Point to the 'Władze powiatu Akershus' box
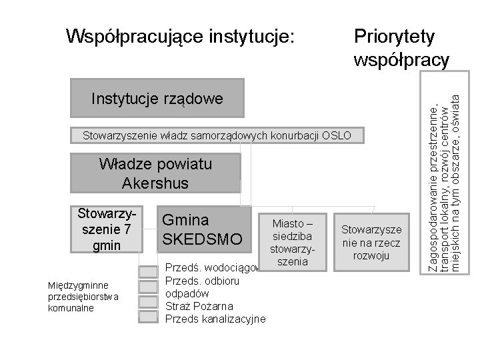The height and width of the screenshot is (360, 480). pyautogui.click(x=155, y=173)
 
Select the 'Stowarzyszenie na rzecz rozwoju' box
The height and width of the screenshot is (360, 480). pyautogui.click(x=371, y=242)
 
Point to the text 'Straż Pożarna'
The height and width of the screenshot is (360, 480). pyautogui.click(x=199, y=306)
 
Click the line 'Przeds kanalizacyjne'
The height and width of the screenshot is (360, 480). pyautogui.click(x=215, y=319)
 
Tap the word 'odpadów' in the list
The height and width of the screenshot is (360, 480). pyautogui.click(x=187, y=293)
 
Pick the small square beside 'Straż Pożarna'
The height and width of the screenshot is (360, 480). pyautogui.click(x=147, y=301)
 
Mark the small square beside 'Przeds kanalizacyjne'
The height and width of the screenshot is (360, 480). pyautogui.click(x=147, y=315)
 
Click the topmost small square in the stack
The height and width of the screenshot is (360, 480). pyautogui.click(x=147, y=272)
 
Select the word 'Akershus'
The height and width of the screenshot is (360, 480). pyautogui.click(x=155, y=183)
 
